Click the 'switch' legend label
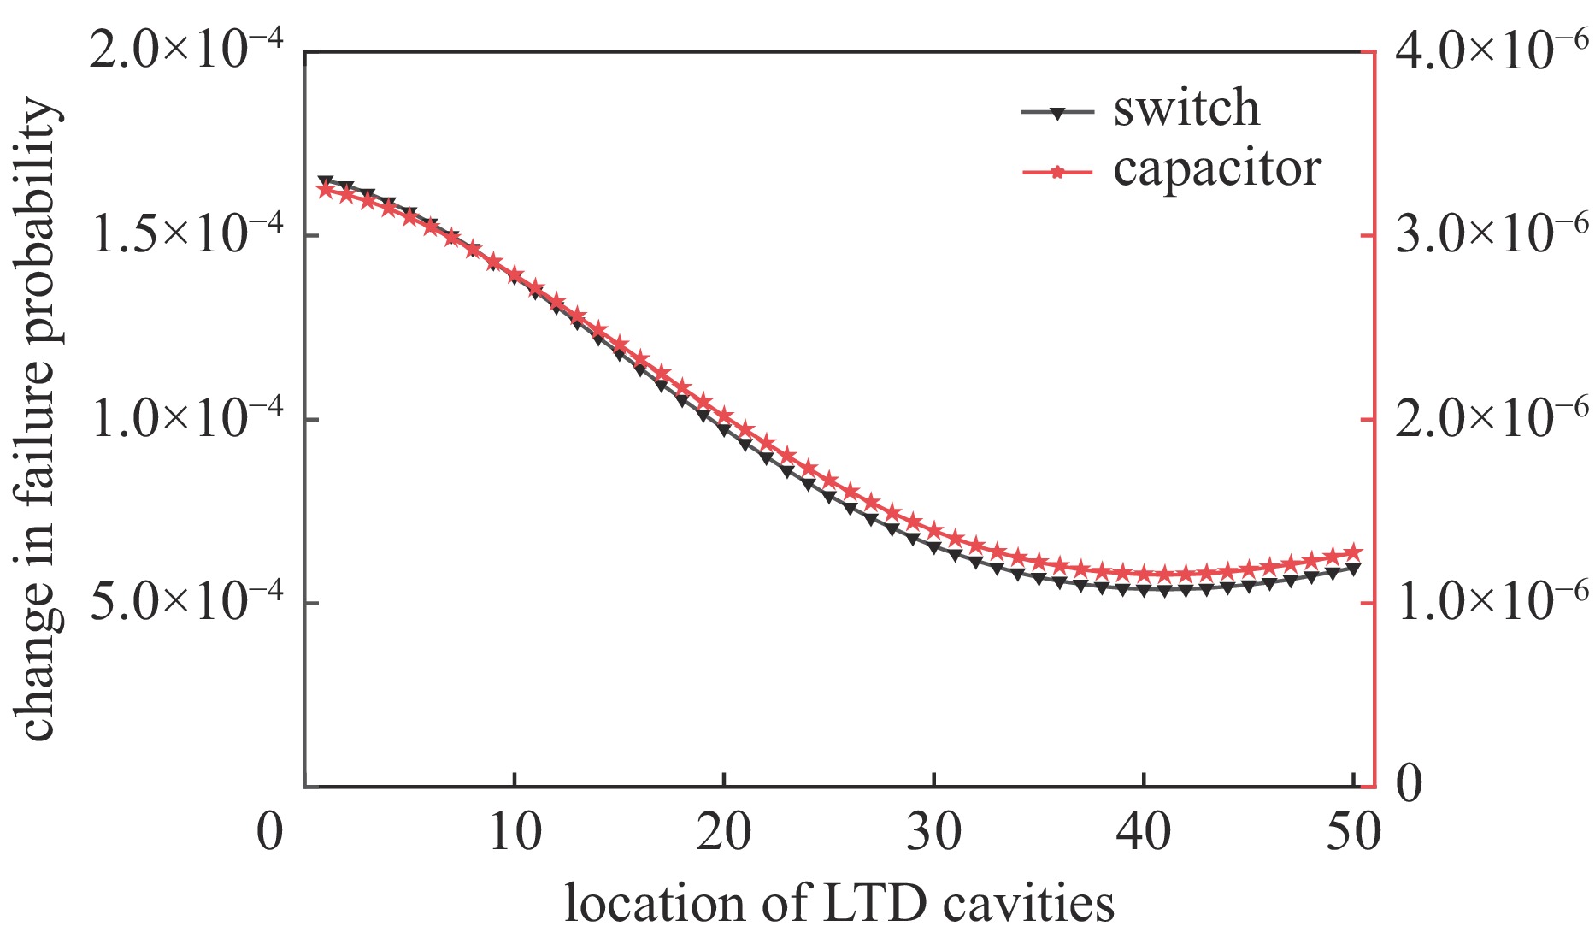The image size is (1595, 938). coord(1186,109)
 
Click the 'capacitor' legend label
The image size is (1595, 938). coord(1217,169)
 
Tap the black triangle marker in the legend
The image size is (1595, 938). coord(1057,113)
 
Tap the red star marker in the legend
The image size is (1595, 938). coord(1057,173)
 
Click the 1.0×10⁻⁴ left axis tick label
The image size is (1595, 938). coord(187,419)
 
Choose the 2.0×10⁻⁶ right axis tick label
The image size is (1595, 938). coord(1492,419)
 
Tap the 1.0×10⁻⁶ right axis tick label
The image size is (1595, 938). coord(1492,602)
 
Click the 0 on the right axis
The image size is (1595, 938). coord(1410,783)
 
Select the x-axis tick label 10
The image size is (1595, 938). coord(515,831)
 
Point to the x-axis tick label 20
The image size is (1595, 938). coord(724,831)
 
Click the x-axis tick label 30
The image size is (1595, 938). coord(934,831)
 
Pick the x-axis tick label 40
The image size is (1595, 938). coord(1144,831)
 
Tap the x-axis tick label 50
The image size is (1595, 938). coord(1353,831)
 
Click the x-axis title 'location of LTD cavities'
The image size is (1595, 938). coord(839,903)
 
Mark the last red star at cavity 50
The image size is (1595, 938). coord(1353,552)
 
